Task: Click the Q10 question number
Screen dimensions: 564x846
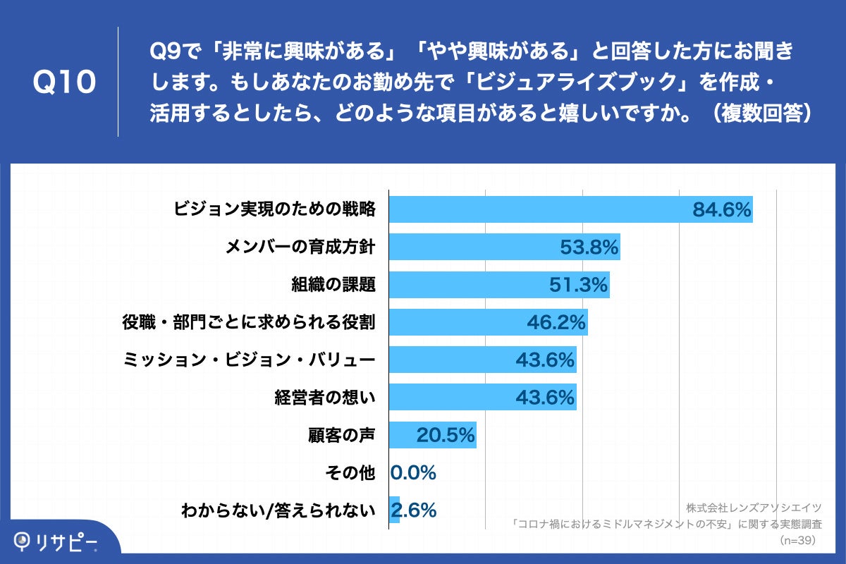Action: (64, 82)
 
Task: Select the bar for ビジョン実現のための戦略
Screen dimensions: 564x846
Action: (536, 209)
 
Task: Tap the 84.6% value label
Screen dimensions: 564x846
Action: (722, 209)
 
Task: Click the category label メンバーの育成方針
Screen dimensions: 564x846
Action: (300, 247)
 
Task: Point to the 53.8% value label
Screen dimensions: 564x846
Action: (589, 247)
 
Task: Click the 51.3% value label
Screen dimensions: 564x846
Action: (578, 285)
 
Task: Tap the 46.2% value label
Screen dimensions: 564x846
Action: (556, 323)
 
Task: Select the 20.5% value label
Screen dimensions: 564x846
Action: (445, 436)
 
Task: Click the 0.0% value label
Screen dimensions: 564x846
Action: (413, 473)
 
